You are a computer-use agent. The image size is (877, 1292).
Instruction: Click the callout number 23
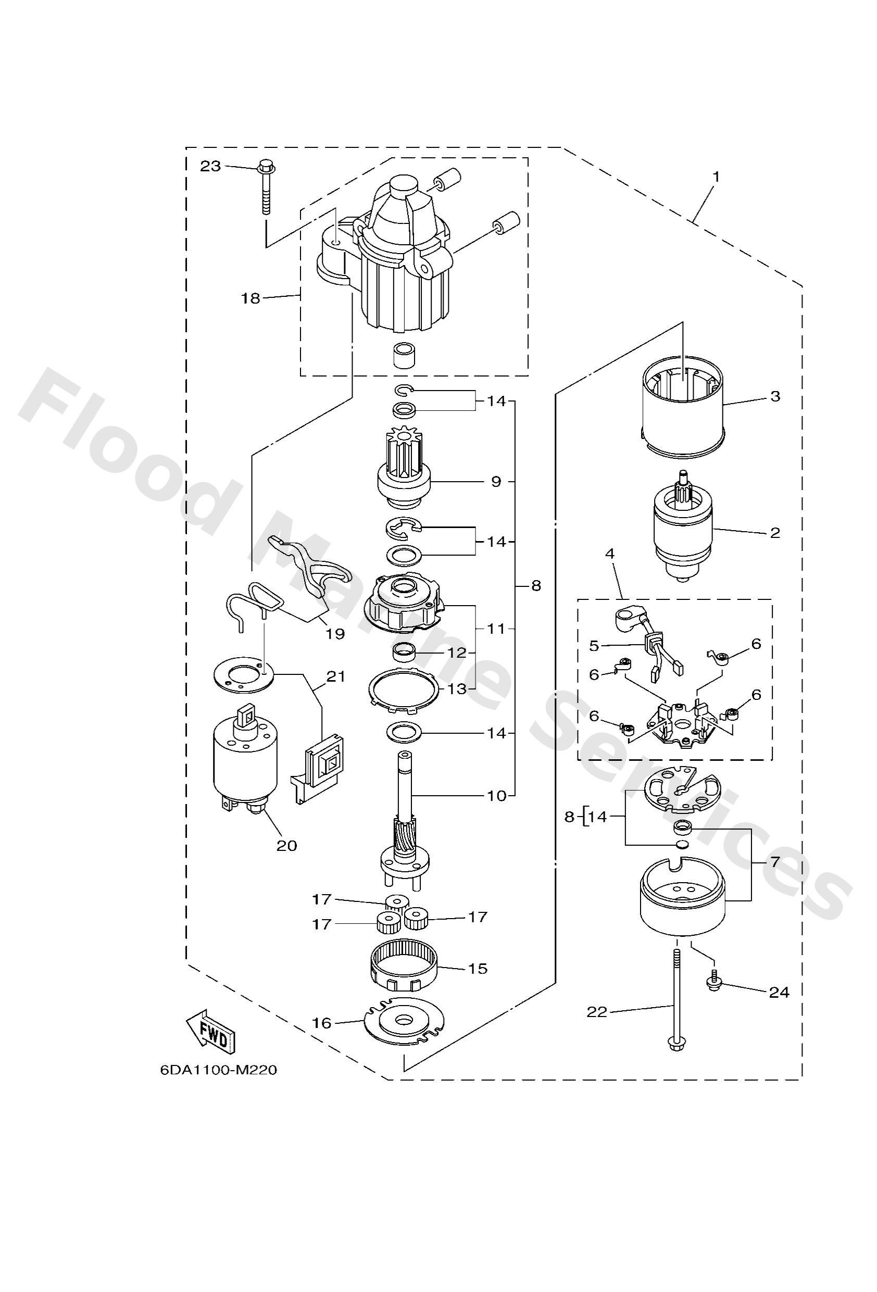[x=211, y=166]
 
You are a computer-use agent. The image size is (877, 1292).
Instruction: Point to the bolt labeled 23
[x=266, y=189]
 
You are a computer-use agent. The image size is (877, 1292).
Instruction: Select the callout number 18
[x=250, y=298]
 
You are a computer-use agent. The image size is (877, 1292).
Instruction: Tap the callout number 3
[x=775, y=396]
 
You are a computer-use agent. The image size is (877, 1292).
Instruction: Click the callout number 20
[x=287, y=845]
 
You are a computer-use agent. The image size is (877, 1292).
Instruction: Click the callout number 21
[x=336, y=676]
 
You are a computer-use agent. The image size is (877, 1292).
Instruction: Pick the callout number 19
[x=335, y=633]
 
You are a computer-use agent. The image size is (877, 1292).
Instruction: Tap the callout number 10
[x=497, y=796]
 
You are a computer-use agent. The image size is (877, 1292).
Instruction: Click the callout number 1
[x=716, y=177]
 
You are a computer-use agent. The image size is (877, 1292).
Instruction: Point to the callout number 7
[x=775, y=862]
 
